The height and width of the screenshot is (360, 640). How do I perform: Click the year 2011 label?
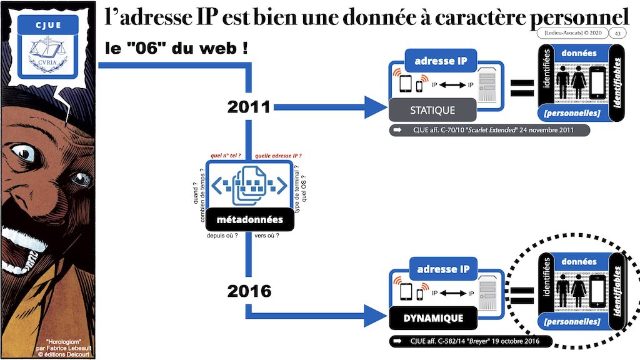[249, 107]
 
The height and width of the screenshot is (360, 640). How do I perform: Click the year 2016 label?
[249, 291]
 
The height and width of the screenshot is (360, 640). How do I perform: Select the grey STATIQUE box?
[432, 110]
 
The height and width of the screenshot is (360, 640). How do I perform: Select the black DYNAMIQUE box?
[432, 318]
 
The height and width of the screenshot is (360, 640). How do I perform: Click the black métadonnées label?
[249, 219]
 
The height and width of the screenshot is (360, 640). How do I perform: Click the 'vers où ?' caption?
[267, 236]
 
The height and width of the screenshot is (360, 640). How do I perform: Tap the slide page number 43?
[618, 33]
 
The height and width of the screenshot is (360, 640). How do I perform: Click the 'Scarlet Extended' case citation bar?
[489, 131]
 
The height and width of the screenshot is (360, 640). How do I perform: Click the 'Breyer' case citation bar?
[470, 341]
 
